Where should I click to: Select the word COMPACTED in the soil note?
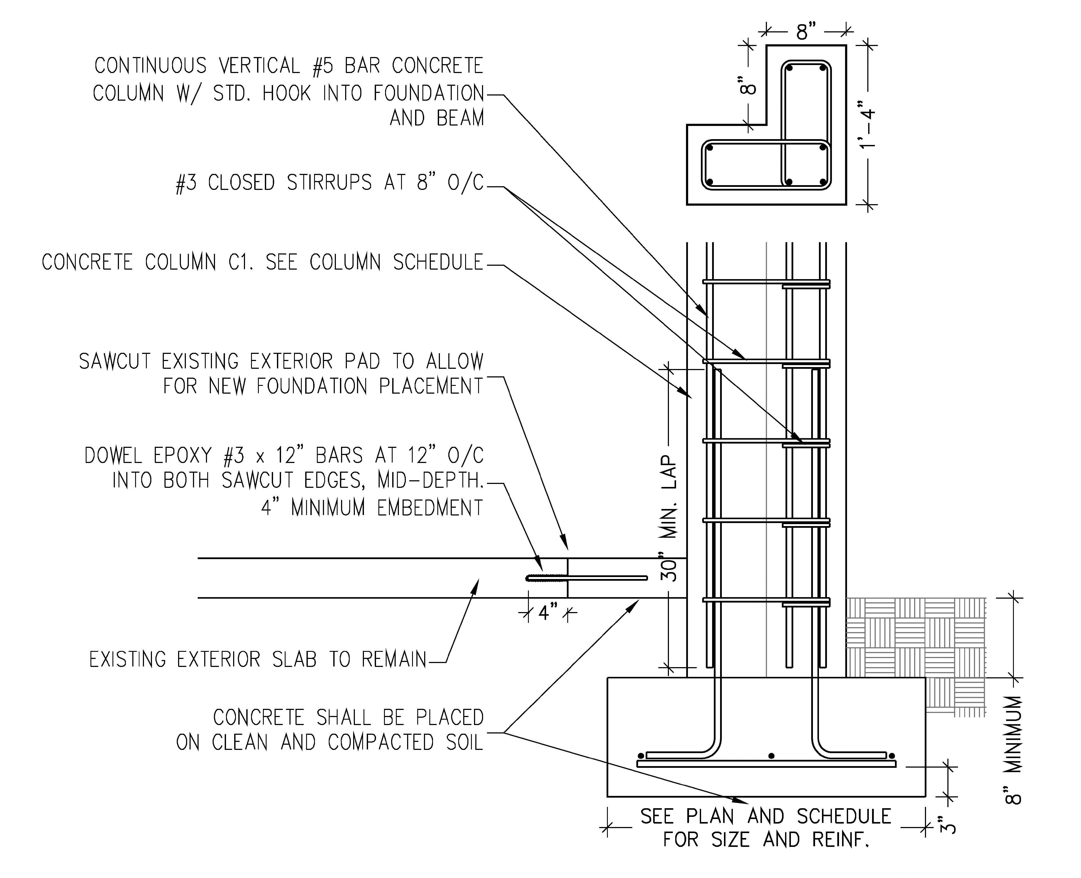(381, 743)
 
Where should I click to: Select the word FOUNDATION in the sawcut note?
(311, 387)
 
